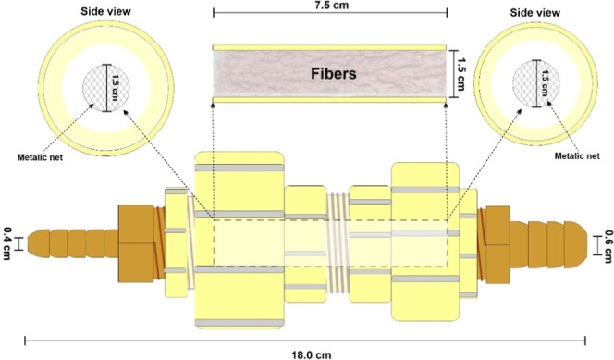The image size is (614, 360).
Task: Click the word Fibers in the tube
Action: click(334, 74)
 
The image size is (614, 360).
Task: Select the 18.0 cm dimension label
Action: click(312, 354)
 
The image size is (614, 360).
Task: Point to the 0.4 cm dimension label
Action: click(7, 243)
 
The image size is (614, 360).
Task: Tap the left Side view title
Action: click(105, 11)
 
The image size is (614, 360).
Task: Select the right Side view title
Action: click(534, 13)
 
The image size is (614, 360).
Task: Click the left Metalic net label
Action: click(40, 157)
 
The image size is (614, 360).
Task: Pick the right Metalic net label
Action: click(577, 155)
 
